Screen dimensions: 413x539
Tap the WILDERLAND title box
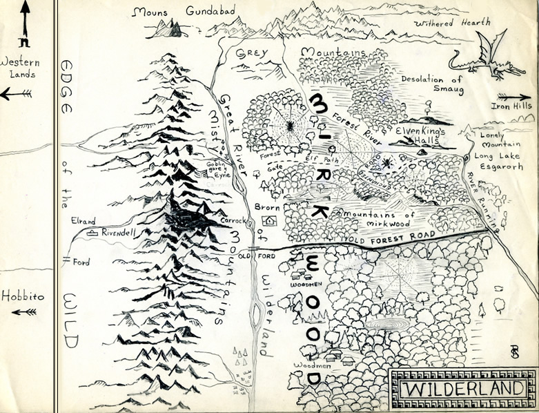click(x=462, y=388)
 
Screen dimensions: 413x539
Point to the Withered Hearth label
click(x=452, y=23)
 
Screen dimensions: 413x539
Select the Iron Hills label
click(x=511, y=106)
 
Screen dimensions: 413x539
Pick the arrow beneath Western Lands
click(x=16, y=94)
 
